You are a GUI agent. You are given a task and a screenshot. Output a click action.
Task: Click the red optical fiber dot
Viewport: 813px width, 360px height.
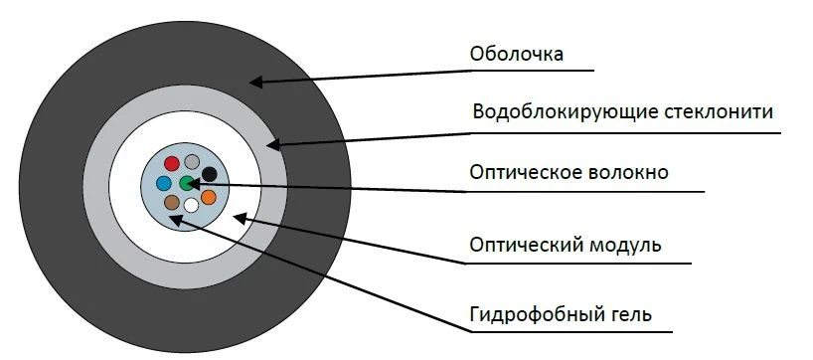coord(172,162)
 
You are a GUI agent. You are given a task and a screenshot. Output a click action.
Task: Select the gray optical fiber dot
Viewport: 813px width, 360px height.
coord(192,161)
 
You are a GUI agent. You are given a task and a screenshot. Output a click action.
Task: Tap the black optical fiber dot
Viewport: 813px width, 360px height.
coord(209,174)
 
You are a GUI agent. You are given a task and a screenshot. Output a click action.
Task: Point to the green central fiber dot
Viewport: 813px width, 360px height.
coord(187,182)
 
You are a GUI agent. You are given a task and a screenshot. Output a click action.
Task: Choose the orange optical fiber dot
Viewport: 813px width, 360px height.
coord(208,197)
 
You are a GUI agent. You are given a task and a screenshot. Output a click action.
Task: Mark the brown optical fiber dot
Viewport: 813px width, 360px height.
coord(172,203)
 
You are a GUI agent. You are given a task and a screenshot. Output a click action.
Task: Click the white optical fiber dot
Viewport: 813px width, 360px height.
coord(191,206)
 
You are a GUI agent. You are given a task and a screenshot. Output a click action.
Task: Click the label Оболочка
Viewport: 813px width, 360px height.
coord(517,54)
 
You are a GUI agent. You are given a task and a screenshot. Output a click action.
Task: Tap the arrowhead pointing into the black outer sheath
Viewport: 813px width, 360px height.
coord(254,80)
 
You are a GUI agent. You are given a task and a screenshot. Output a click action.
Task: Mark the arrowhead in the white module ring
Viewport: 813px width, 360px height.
coord(237,215)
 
